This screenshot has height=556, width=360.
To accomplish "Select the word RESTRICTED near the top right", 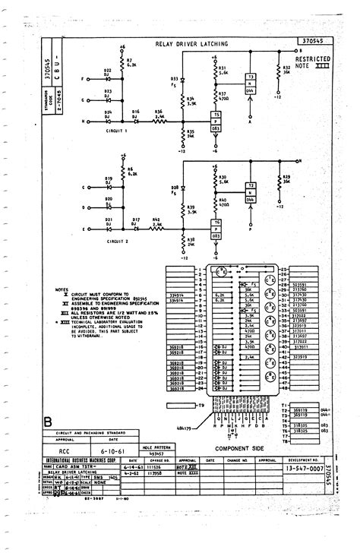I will pyautogui.click(x=311, y=58).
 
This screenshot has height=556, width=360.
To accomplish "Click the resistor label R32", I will pyautogui.click(x=286, y=67).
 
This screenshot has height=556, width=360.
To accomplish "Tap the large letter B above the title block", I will pyautogui.click(x=49, y=422).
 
